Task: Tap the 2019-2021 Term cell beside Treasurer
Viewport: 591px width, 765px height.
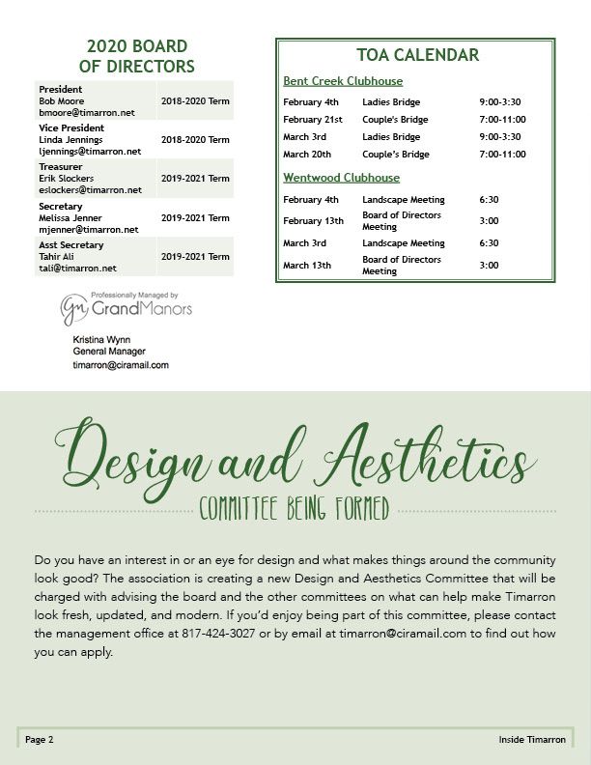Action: (195, 179)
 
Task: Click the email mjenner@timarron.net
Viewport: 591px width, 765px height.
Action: (89, 230)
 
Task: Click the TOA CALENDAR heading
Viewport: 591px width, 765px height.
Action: (416, 55)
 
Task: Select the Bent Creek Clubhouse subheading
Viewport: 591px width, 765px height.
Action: (343, 81)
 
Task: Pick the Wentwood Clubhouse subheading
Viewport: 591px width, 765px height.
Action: (341, 178)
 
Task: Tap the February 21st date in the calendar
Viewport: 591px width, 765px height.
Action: (313, 120)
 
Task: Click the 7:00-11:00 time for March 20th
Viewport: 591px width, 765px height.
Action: (502, 155)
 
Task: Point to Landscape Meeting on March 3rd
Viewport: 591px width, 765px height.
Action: (404, 243)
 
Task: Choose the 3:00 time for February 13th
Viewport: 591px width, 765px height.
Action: (489, 221)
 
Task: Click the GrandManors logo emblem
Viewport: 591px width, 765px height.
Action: (73, 310)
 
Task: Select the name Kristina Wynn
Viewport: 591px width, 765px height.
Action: (102, 341)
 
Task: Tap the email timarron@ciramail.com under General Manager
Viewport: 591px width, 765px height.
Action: (121, 365)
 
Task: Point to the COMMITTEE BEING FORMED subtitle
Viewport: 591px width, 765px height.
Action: (295, 509)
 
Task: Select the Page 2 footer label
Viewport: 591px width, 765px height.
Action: (40, 740)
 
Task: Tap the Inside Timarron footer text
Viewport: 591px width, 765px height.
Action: (532, 740)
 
